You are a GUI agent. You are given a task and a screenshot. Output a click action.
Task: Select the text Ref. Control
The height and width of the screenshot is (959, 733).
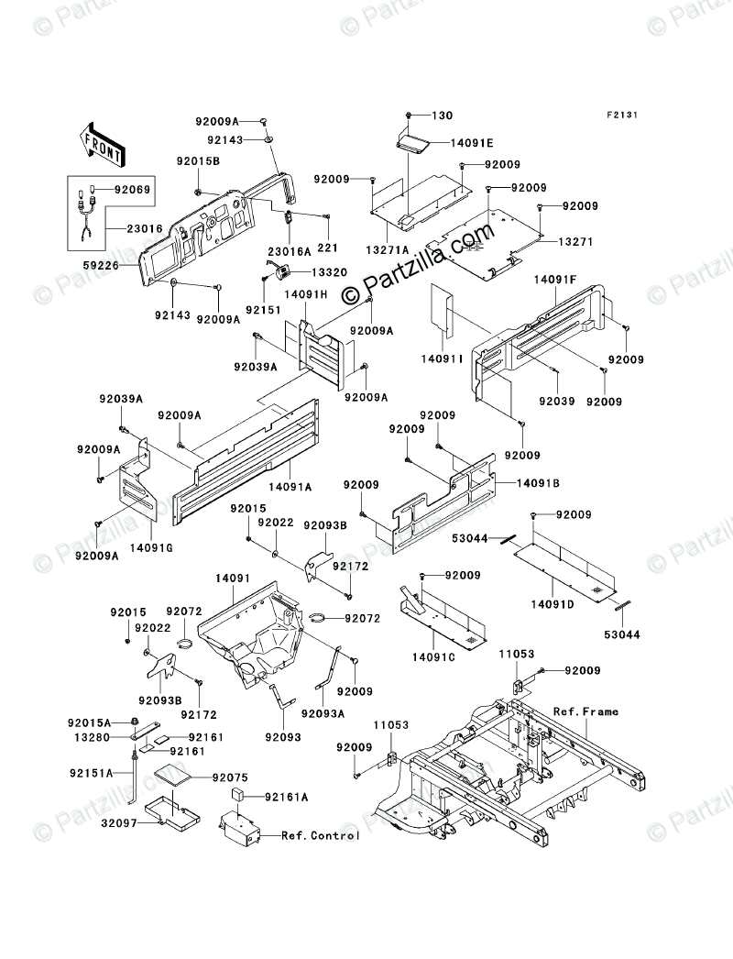click(x=320, y=835)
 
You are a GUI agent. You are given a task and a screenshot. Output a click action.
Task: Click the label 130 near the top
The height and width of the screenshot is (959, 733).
click(x=442, y=116)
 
